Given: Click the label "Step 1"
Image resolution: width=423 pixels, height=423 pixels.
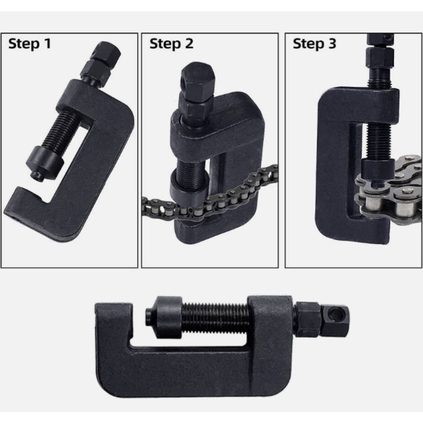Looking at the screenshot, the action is pos(30,44).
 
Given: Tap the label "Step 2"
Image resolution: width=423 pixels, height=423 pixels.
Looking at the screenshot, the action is pos(171,44).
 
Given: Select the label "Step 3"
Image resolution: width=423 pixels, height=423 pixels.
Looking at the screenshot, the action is pos(314,44).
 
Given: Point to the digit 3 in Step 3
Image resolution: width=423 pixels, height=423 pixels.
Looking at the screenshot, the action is pos(332,43).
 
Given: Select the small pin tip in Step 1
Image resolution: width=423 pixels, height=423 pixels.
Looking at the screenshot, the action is pos(37,176).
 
